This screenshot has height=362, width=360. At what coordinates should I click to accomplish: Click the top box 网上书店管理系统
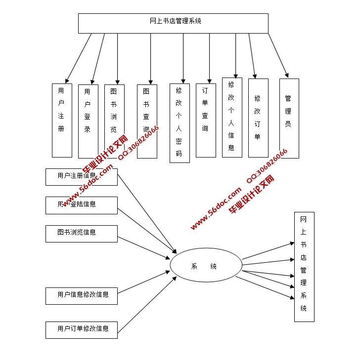[x=173, y=23]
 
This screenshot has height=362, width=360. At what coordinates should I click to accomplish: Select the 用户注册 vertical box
[x=62, y=121]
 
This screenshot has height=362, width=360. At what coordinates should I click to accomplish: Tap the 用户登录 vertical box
[x=88, y=121]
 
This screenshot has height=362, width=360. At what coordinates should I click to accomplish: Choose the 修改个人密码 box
[x=180, y=123]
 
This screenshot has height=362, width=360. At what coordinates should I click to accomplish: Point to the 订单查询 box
[x=206, y=120]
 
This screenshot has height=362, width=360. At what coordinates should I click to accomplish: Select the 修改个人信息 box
[x=232, y=118]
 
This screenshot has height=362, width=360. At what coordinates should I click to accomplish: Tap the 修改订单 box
[x=258, y=118]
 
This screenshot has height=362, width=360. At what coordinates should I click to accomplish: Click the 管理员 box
[x=289, y=119]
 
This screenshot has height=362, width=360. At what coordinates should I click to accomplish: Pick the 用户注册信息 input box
[x=81, y=177]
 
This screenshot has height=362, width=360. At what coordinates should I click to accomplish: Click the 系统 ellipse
[x=206, y=267]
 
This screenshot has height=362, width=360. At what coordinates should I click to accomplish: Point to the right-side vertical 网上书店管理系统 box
[x=304, y=267]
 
